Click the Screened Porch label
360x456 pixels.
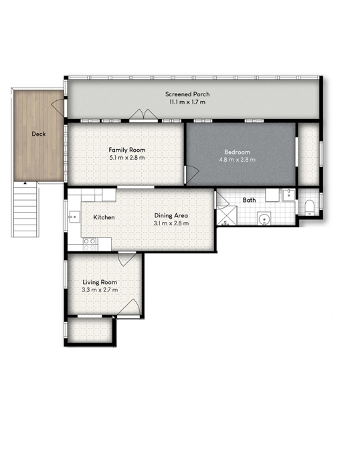pyautogui.click(x=187, y=94)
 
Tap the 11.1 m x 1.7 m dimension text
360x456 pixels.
pyautogui.click(x=187, y=102)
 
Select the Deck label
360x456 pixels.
pyautogui.click(x=39, y=134)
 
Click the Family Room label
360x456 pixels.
pyautogui.click(x=127, y=150)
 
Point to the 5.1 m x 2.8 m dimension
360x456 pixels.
pyautogui.click(x=127, y=158)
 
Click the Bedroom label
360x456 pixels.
pyautogui.click(x=237, y=152)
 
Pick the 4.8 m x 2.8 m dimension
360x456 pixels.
pyautogui.click(x=237, y=160)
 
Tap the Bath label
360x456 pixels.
pyautogui.click(x=249, y=200)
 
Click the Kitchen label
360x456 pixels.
pyautogui.click(x=104, y=217)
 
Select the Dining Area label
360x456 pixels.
pyautogui.click(x=171, y=215)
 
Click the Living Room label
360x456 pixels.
pyautogui.click(x=100, y=282)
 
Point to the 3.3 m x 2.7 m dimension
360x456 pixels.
pyautogui.click(x=100, y=290)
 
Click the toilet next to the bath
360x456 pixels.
pyautogui.click(x=309, y=207)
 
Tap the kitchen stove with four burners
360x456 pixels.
pyautogui.click(x=90, y=244)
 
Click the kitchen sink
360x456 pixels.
pyautogui.click(x=74, y=217)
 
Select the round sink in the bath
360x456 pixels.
pyautogui.click(x=264, y=219)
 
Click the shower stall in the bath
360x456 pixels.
pyautogui.click(x=227, y=215)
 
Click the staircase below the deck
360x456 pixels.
pyautogui.click(x=25, y=209)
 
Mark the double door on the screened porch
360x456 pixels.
pyautogui.click(x=143, y=115)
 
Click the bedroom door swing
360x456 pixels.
pyautogui.click(x=192, y=175)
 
